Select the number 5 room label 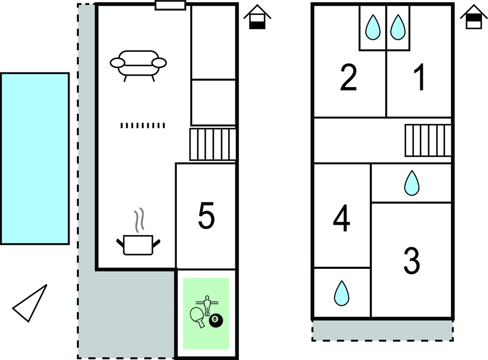click(206, 216)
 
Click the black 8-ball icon click(216, 320)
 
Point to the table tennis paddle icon click(197, 316)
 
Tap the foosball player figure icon click(207, 305)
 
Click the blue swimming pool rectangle click(35, 158)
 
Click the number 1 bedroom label click(420, 77)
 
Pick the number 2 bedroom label click(348, 77)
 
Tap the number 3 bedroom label click(411, 261)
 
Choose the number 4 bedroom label click(342, 218)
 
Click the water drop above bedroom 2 click(373, 28)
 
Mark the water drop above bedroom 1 click(398, 28)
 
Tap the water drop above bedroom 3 click(412, 183)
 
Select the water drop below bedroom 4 click(342, 293)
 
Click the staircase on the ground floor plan click(213, 144)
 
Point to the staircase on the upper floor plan click(428, 140)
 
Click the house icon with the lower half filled click(257, 17)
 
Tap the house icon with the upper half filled click(474, 17)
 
